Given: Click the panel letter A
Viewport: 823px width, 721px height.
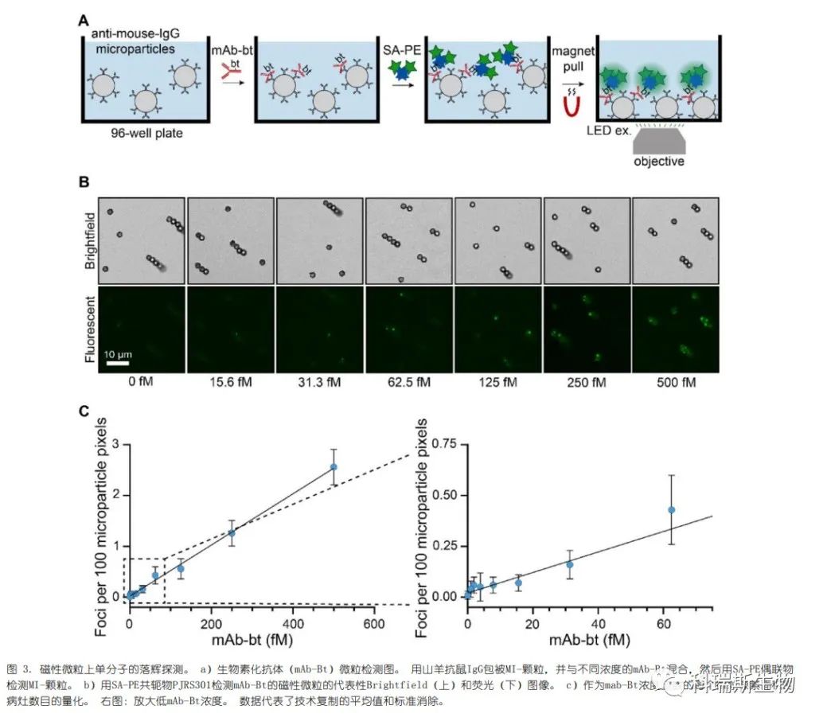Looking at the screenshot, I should pos(83,20).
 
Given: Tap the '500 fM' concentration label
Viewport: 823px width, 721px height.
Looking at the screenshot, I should pos(676,382).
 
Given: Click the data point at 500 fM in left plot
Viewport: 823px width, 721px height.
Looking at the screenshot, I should pos(333,467).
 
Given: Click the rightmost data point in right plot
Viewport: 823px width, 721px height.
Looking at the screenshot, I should pos(671,509).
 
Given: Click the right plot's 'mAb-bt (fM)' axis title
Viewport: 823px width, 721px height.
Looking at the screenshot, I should pos(589,640).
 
